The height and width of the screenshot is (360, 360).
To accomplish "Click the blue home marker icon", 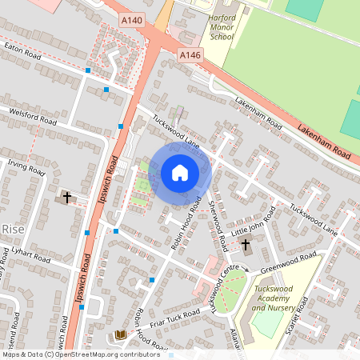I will [179, 172].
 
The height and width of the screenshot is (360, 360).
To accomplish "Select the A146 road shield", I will [190, 54].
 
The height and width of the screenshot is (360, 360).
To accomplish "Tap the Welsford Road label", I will [33, 116].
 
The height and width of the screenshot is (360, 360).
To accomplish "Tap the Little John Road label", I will [252, 221].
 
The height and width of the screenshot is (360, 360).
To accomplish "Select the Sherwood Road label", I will [217, 214].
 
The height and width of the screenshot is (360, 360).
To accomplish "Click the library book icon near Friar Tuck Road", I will [121, 334].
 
